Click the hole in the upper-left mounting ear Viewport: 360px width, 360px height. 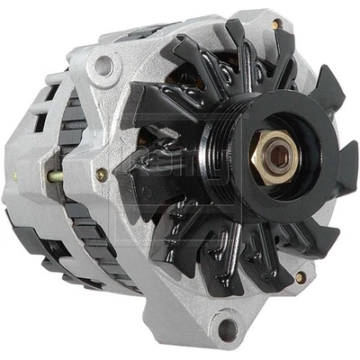point(105,65)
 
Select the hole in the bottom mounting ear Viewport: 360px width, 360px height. point(227,328)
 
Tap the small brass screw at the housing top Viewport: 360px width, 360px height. point(275,23)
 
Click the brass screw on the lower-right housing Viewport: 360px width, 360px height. point(300,277)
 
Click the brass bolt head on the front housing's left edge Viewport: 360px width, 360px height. point(101,175)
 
